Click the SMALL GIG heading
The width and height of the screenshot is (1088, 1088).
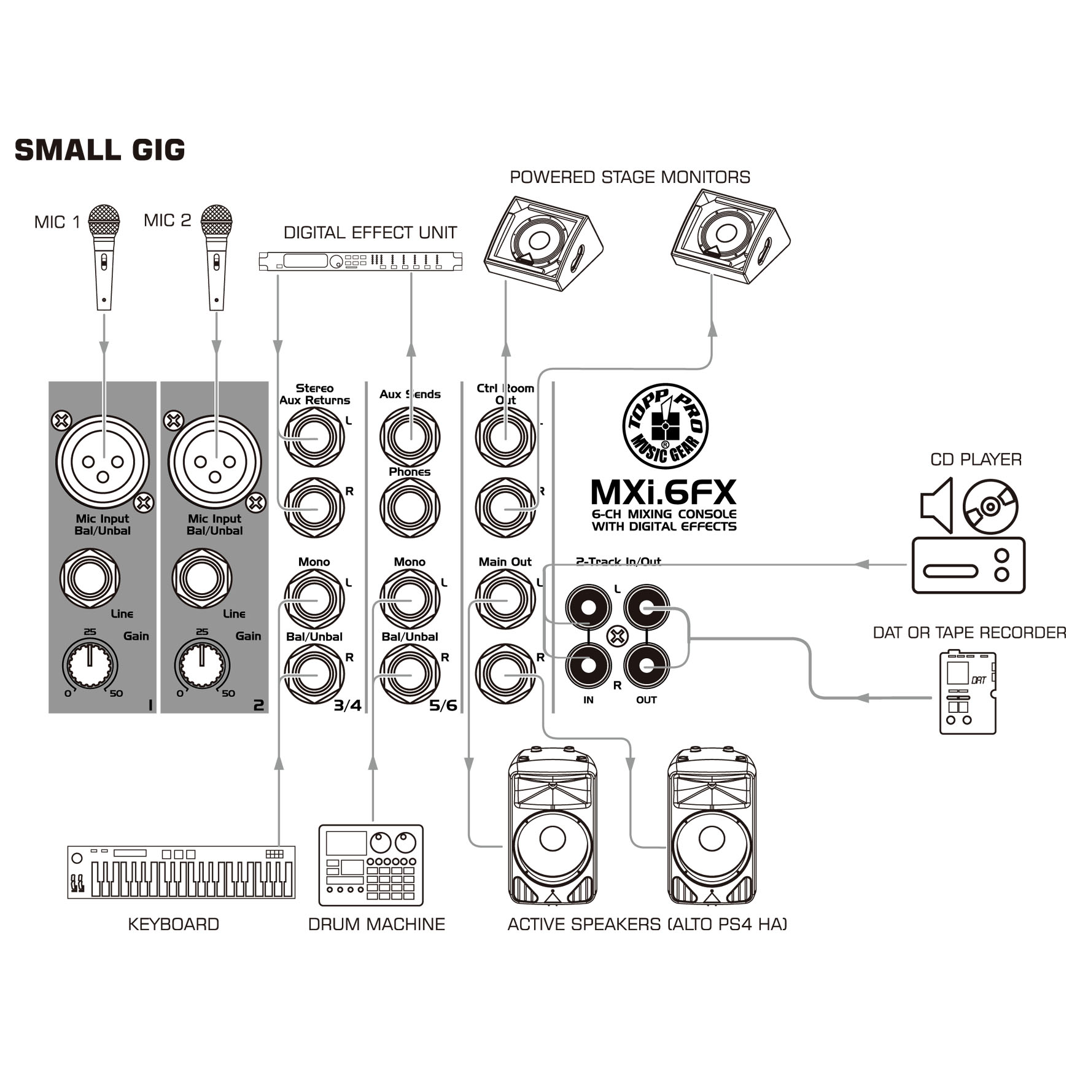tap(99, 150)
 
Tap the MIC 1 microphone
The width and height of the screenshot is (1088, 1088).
tap(104, 257)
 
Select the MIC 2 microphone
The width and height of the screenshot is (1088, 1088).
tap(216, 257)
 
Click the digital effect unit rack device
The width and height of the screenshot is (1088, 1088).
tap(360, 262)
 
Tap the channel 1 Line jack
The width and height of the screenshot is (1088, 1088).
tap(90, 578)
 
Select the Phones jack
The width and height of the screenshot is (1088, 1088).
tap(410, 508)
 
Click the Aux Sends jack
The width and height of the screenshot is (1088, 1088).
tap(410, 437)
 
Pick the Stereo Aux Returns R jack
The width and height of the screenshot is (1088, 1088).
tap(314, 508)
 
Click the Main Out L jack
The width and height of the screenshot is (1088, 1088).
tap(505, 599)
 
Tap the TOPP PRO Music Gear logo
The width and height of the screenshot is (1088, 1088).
tap(665, 426)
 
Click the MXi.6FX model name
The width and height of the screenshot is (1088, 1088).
tap(664, 492)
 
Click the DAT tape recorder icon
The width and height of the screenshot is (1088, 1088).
tap(968, 692)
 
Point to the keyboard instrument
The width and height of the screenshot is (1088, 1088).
tap(181, 872)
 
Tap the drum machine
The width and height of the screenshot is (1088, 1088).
tap(371, 865)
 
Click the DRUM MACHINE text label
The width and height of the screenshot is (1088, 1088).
tap(376, 924)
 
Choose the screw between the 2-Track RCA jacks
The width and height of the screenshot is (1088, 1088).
tap(618, 636)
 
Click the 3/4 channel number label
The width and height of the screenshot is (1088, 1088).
tap(348, 705)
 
